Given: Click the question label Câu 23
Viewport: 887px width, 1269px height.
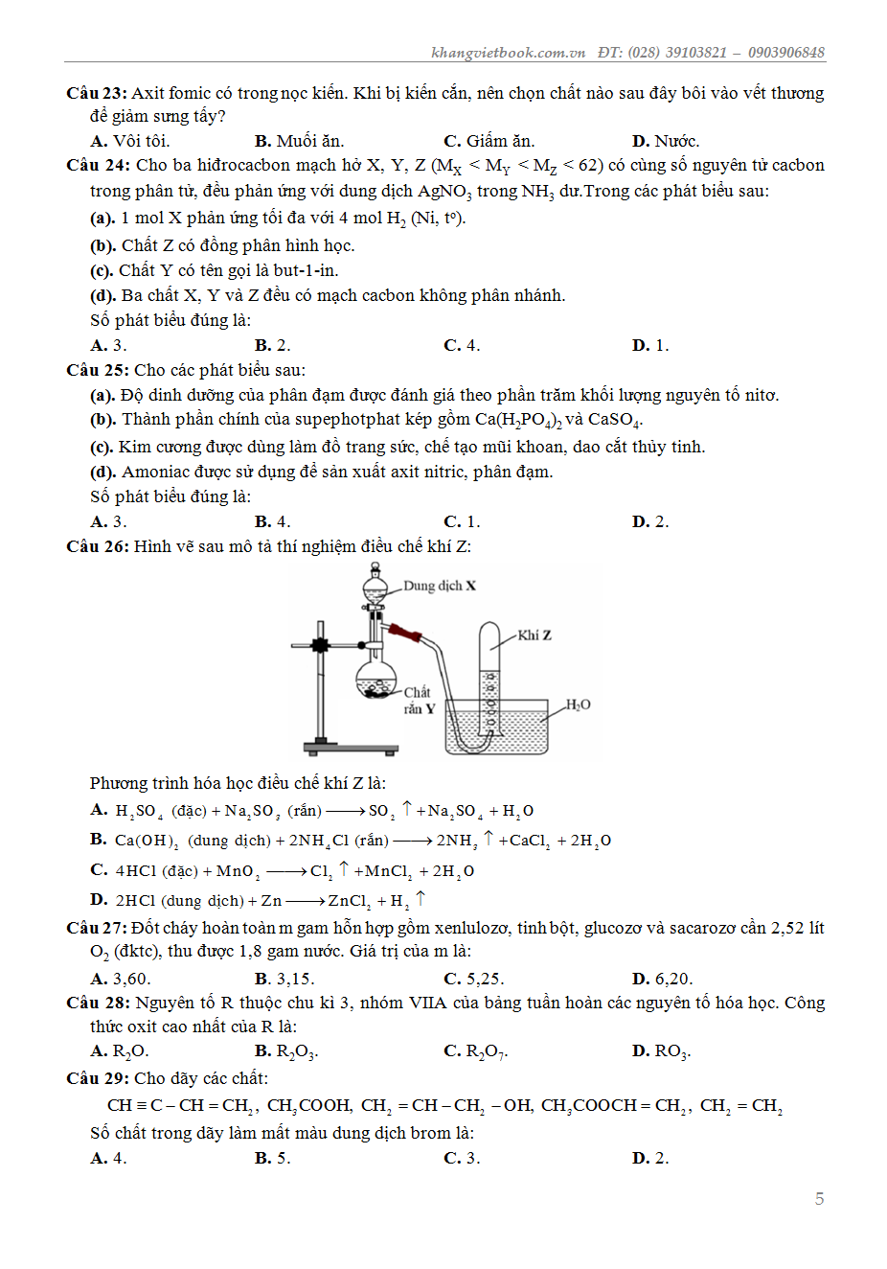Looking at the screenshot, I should (96, 93).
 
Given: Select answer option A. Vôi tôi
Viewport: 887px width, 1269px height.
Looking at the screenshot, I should (130, 141).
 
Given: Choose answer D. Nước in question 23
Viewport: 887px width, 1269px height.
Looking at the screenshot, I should (666, 141).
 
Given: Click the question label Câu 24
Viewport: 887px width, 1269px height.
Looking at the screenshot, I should (97, 165).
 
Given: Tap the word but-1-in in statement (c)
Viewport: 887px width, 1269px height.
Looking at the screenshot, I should (305, 270).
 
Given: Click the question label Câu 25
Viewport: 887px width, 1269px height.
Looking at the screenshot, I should (96, 370).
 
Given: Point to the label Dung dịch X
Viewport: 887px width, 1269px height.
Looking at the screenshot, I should (439, 586).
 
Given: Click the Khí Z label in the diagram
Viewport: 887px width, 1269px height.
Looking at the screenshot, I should (534, 635).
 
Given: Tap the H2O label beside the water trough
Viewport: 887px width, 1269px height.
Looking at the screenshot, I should (578, 704).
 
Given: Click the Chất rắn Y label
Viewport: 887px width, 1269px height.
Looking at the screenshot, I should (419, 700).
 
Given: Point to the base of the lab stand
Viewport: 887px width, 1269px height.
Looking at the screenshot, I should (351, 748).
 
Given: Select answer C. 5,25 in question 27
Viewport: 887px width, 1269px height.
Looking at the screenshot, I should (474, 979).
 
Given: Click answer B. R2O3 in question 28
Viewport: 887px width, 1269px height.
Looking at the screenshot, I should (285, 1050).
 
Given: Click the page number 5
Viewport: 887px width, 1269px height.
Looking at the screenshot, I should (819, 1198).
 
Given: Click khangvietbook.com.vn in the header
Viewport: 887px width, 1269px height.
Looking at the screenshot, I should (508, 53).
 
